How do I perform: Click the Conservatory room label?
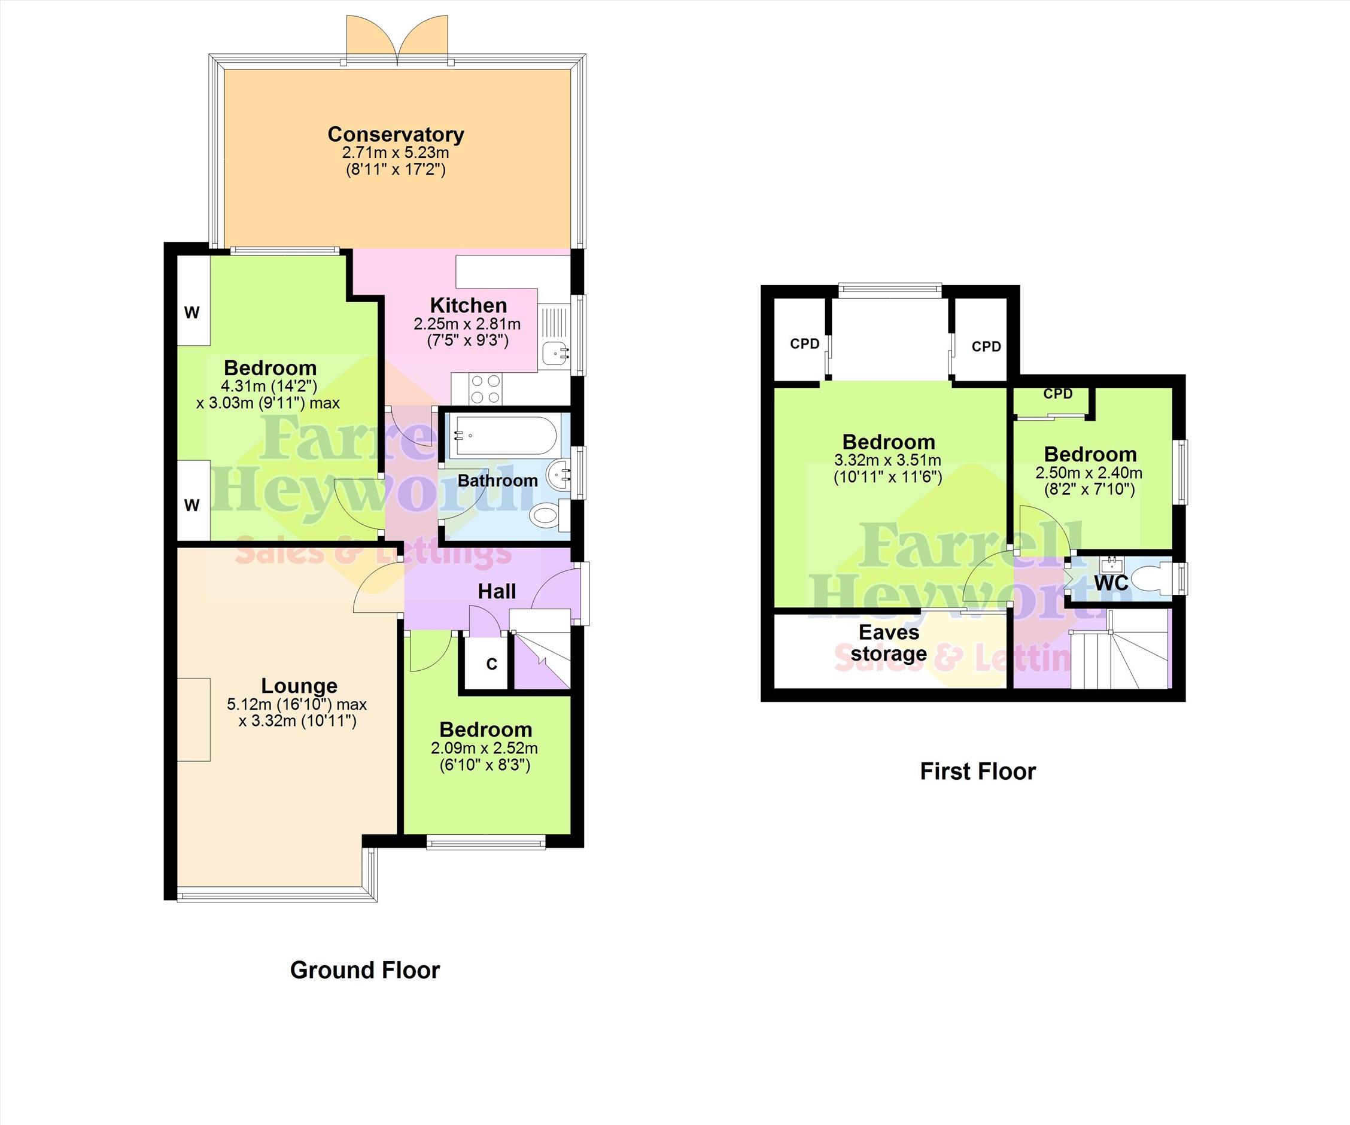396,135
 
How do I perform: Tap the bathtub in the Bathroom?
503,435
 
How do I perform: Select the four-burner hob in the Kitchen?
485,389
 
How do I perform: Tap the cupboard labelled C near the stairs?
492,664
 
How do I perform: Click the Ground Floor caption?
365,970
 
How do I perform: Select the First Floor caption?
978,771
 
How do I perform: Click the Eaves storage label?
889,643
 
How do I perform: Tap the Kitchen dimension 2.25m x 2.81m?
467,324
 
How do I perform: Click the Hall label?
497,591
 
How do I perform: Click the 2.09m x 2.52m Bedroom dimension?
485,748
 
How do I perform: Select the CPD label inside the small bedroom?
1058,393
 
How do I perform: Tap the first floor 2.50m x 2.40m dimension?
1089,473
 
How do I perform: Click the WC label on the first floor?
1111,583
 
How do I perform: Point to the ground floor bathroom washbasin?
559,475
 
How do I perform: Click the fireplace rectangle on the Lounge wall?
193,719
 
